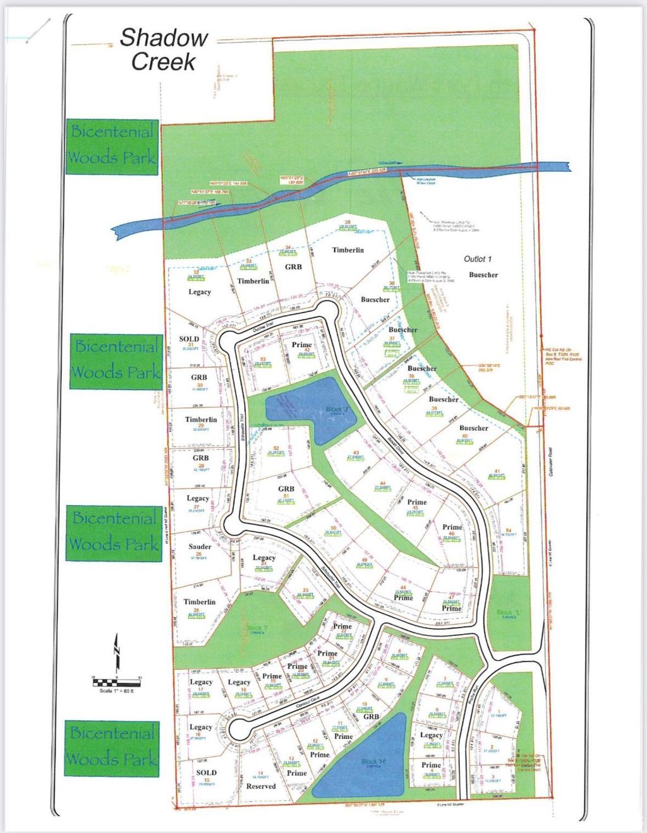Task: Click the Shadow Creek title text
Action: pyautogui.click(x=164, y=49)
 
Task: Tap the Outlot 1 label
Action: pyautogui.click(x=478, y=259)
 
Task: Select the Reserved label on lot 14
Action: pyautogui.click(x=261, y=786)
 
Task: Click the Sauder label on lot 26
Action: pyautogui.click(x=200, y=547)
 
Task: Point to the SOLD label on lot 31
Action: pyautogui.click(x=189, y=339)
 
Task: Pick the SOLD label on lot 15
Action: pyautogui.click(x=206, y=772)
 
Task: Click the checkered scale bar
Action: pyautogui.click(x=117, y=682)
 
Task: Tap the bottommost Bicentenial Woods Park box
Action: pyautogui.click(x=112, y=746)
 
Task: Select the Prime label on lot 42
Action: pyautogui.click(x=302, y=345)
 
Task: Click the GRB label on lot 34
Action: pyautogui.click(x=293, y=267)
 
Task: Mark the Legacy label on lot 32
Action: pyautogui.click(x=200, y=292)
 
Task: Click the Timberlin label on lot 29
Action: pyautogui.click(x=201, y=419)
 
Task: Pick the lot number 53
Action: pyautogui.click(x=263, y=359)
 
